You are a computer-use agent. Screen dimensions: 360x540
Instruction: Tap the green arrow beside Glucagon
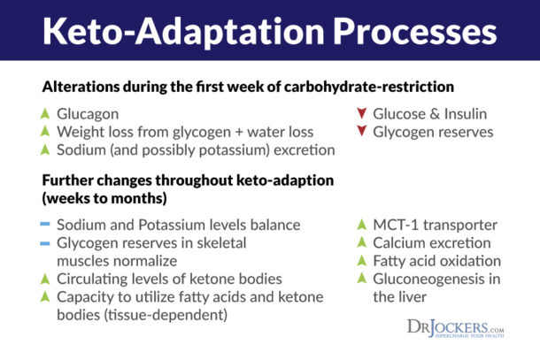[x=47, y=114]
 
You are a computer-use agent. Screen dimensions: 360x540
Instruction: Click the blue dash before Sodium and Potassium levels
[x=47, y=225]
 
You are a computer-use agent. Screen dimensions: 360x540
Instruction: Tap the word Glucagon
[x=87, y=114]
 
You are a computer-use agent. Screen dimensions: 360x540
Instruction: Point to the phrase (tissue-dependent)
[x=165, y=315]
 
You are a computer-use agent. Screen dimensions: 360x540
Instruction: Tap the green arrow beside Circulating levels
[x=47, y=280]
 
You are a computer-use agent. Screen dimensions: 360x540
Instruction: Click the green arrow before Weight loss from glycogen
[x=47, y=132]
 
